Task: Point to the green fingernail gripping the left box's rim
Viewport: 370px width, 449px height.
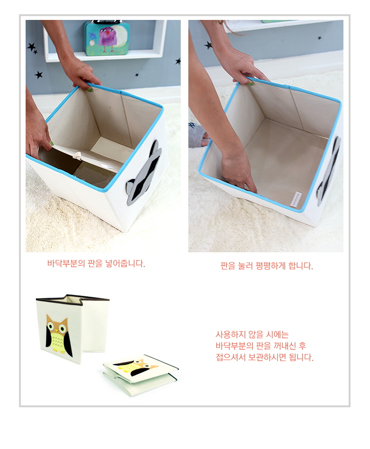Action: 90,90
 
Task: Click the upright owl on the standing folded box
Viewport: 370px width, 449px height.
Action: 58,335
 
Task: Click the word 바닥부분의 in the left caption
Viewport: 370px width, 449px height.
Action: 66,264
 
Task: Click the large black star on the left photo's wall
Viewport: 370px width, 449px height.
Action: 31,46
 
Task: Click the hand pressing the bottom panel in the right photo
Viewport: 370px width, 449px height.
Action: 238,172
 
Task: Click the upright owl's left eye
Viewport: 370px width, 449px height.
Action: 51,327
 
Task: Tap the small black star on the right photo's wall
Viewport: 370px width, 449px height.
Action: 319,37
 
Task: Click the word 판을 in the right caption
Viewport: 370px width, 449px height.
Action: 228,266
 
